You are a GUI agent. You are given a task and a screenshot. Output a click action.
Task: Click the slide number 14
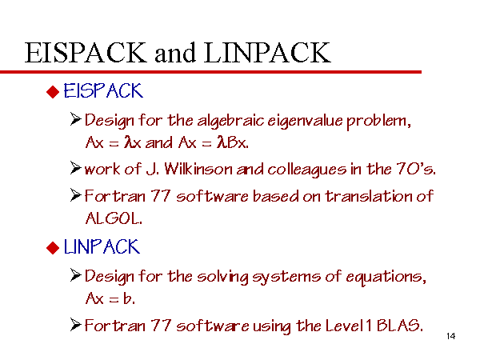point(451,336)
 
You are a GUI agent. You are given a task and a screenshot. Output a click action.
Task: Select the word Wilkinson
point(198,169)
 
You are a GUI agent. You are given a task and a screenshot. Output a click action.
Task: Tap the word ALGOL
point(114,218)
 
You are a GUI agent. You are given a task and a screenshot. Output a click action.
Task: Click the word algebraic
point(230,121)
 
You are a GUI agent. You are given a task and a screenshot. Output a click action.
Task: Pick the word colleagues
point(307,170)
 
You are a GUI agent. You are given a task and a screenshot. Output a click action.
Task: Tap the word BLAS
point(400,325)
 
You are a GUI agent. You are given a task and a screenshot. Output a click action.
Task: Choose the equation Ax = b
point(110,298)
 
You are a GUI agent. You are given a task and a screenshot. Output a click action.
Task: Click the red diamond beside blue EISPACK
point(53,92)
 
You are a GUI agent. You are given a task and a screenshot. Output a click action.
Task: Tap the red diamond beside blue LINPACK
point(53,248)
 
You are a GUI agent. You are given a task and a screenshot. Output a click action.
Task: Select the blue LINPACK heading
point(102,246)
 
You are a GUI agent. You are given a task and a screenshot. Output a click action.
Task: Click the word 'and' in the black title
point(175,53)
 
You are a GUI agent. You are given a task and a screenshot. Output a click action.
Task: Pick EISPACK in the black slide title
point(86,53)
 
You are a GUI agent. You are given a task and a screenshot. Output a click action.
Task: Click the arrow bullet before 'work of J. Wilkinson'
point(76,168)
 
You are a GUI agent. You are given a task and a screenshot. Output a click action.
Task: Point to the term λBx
point(232,142)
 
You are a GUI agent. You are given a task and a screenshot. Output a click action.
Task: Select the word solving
point(222,277)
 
